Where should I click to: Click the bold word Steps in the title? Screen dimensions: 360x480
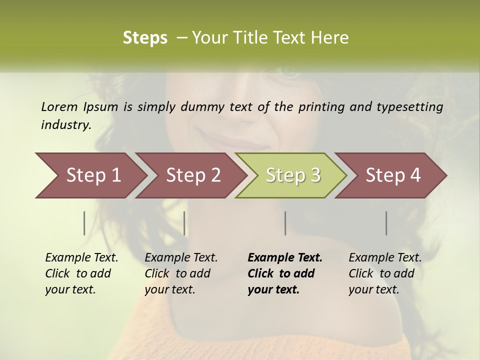145,37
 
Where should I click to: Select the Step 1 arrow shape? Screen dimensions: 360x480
90,175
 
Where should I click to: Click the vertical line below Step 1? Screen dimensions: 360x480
84,223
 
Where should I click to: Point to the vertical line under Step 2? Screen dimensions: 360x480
184,223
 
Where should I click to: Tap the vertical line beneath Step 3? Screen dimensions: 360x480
285,223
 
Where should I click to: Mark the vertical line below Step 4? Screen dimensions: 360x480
386,223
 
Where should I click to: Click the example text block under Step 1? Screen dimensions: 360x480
81,273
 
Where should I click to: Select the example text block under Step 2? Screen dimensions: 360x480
181,273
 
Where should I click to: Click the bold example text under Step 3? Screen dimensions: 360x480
284,273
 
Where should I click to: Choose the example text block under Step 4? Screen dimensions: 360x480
385,273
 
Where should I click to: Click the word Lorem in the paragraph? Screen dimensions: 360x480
59,106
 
